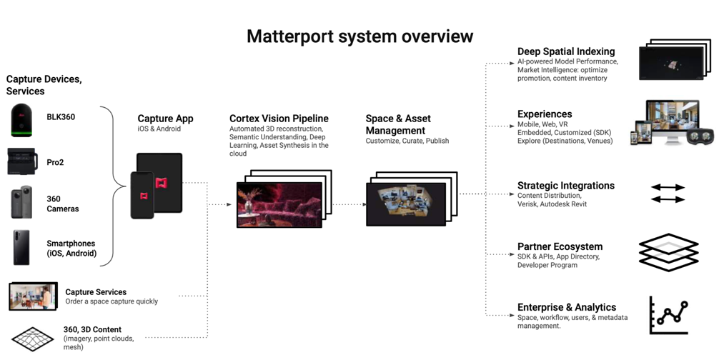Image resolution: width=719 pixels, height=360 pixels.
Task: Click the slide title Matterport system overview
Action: pos(360,36)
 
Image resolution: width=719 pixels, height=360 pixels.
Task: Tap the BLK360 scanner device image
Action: pos(22,121)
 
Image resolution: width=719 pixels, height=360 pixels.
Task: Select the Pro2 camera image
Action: pos(22,161)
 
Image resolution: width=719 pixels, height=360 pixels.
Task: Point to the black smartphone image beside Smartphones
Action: pos(21,247)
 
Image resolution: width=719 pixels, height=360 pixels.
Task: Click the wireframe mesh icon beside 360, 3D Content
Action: pos(33,339)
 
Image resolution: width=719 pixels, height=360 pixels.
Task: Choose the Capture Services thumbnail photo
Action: pos(33,296)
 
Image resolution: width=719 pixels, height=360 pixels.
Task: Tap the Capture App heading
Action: pos(166,119)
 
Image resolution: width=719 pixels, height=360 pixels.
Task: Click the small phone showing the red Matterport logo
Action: pos(143,195)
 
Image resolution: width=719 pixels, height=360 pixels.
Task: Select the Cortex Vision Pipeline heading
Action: pos(279,119)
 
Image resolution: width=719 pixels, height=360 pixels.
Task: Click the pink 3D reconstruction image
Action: pos(279,205)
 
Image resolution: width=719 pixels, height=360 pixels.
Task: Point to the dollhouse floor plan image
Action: pos(406,204)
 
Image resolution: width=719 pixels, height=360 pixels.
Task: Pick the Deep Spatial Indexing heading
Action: pos(566,51)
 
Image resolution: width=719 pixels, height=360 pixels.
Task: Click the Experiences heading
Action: pos(545,114)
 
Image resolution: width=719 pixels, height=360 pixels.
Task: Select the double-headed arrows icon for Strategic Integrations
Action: pos(668,194)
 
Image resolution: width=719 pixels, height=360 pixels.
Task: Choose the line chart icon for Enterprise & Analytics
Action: pos(669,315)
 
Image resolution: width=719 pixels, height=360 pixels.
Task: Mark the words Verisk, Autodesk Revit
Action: pos(552,204)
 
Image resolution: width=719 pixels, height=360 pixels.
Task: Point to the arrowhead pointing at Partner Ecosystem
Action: pos(512,254)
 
